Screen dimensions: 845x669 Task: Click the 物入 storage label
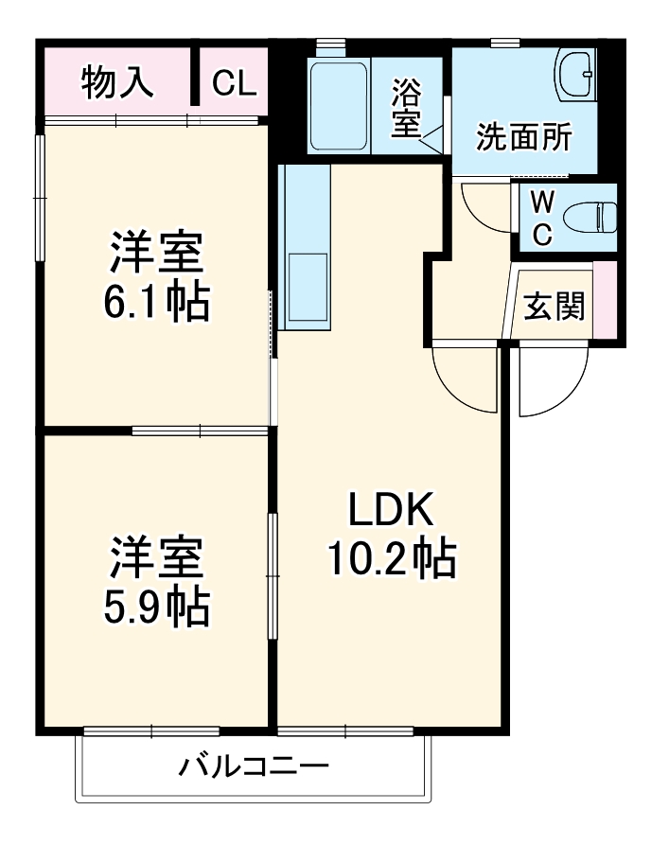117,83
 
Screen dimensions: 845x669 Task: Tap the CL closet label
233,83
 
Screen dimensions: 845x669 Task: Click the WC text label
541,219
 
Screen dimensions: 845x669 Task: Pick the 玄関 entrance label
554,306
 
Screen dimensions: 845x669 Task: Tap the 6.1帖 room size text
156,302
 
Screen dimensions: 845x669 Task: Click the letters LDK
391,512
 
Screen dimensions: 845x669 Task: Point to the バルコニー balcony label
255,765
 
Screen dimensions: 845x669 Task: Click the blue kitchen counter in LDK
304,246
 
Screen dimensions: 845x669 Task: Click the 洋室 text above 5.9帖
156,559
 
